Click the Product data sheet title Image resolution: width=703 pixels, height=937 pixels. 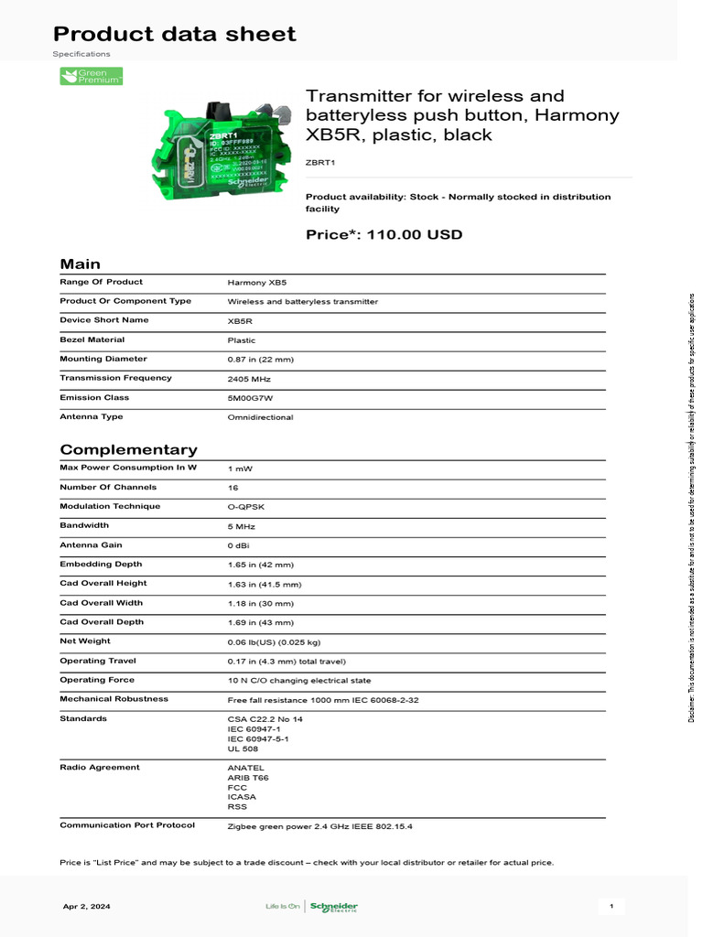pyautogui.click(x=174, y=35)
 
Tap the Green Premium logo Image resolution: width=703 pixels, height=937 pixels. pyautogui.click(x=91, y=77)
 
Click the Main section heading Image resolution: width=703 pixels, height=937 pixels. pyautogui.click(x=80, y=264)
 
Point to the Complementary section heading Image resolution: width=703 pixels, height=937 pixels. pyautogui.click(x=128, y=449)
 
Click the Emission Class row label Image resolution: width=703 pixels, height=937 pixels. pyautogui.click(x=94, y=397)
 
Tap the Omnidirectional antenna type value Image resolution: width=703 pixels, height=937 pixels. pyautogui.click(x=260, y=417)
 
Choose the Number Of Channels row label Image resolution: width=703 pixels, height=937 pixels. pyautogui.click(x=108, y=488)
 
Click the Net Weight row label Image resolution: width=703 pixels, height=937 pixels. pyautogui.click(x=85, y=641)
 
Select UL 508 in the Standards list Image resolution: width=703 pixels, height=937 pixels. pyautogui.click(x=243, y=749)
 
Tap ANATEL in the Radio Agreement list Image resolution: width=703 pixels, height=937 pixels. pyautogui.click(x=245, y=768)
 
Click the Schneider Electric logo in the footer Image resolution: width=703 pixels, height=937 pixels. pyautogui.click(x=334, y=907)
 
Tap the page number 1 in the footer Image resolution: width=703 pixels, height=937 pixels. pyautogui.click(x=611, y=907)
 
